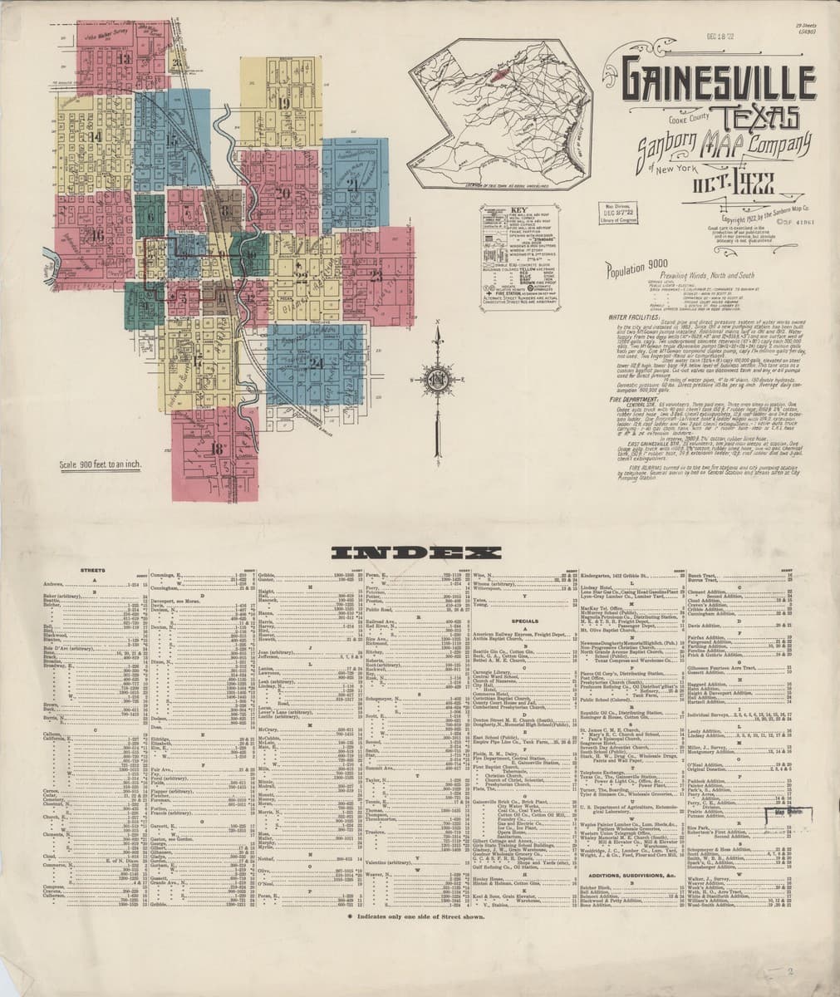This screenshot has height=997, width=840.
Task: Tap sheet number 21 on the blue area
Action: (354, 184)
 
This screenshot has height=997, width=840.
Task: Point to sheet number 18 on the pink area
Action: (219, 449)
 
